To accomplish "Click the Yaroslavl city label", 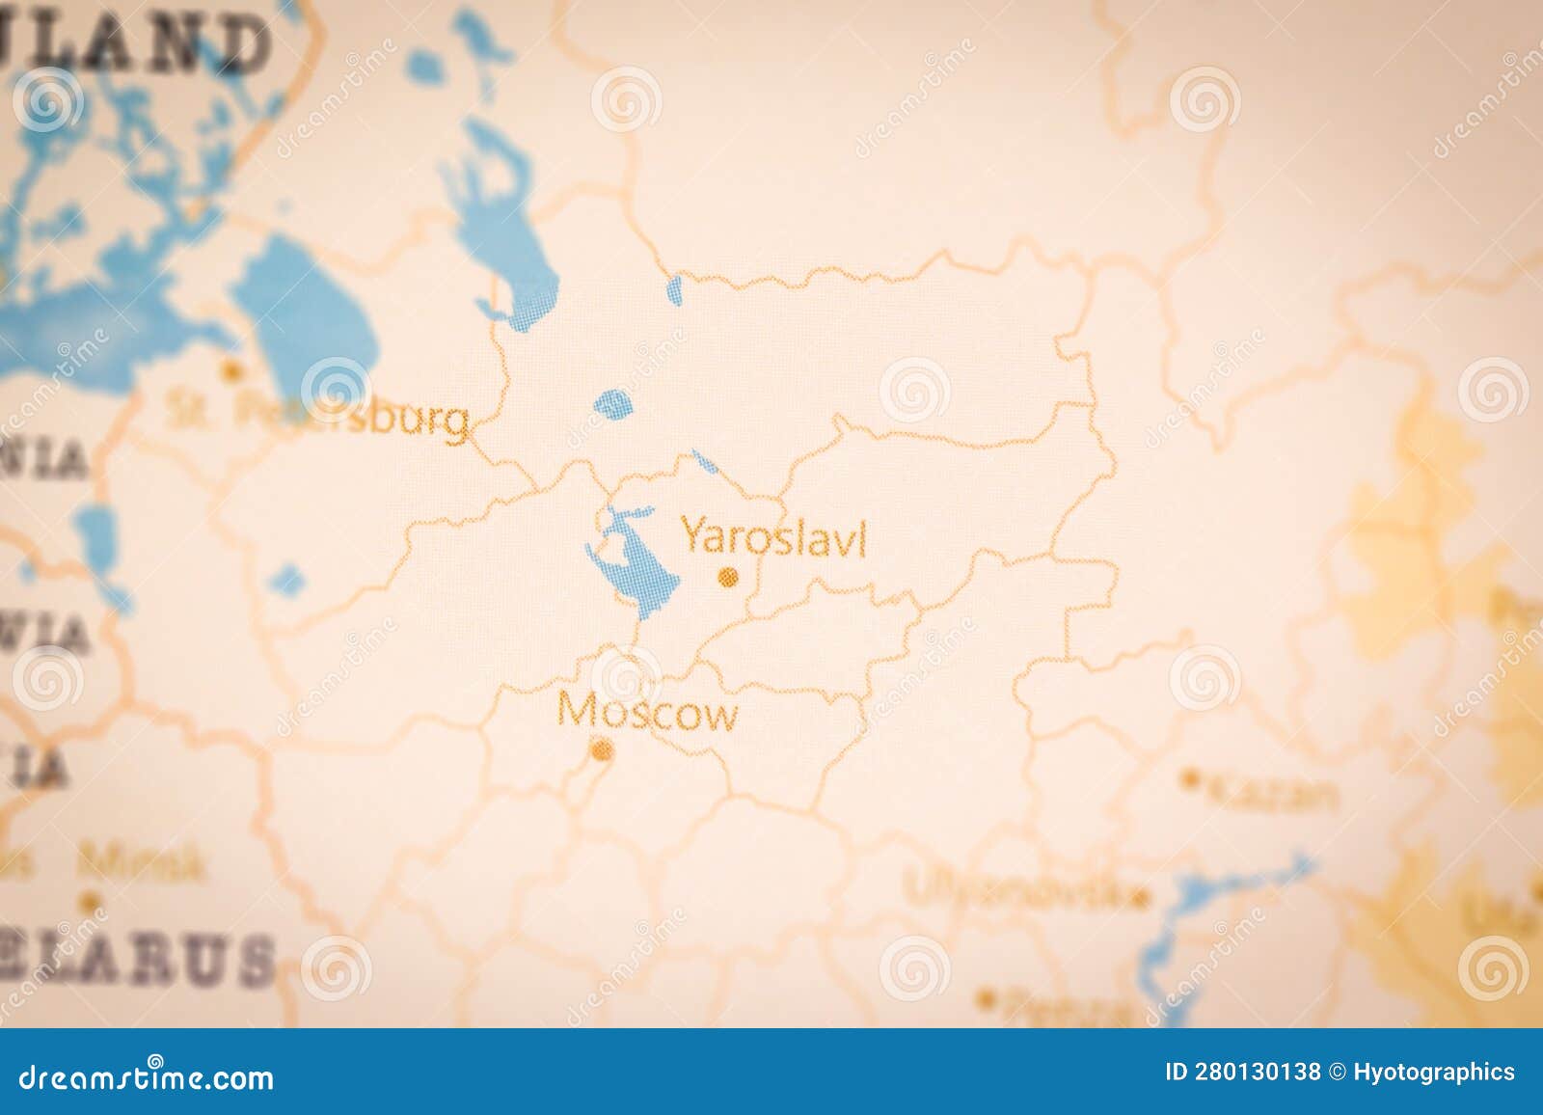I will (773, 536).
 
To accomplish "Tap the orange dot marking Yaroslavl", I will (729, 578).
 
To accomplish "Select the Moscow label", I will (648, 714).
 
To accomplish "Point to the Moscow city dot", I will (602, 749).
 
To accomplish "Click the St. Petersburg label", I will (318, 417).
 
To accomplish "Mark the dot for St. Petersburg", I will (230, 368).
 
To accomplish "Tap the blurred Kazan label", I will (1272, 794).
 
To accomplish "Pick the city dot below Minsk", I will (91, 902).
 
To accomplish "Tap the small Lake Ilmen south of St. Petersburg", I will (286, 580).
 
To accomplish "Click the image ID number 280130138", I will (1245, 1073).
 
